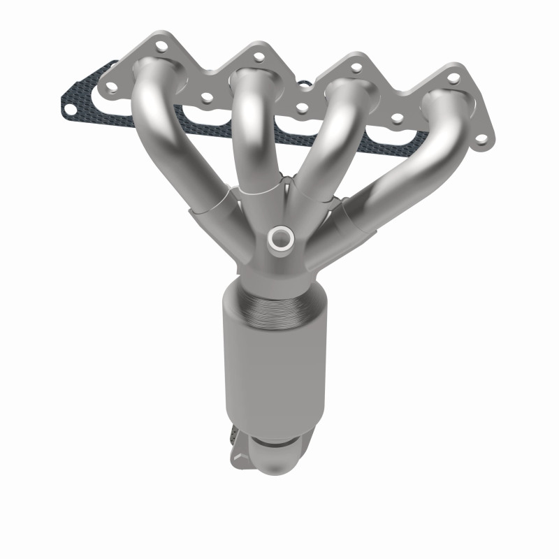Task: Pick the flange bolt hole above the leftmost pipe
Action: tap(163, 48)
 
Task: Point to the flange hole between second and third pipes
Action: tap(302, 108)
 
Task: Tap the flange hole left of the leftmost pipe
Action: tap(109, 87)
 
